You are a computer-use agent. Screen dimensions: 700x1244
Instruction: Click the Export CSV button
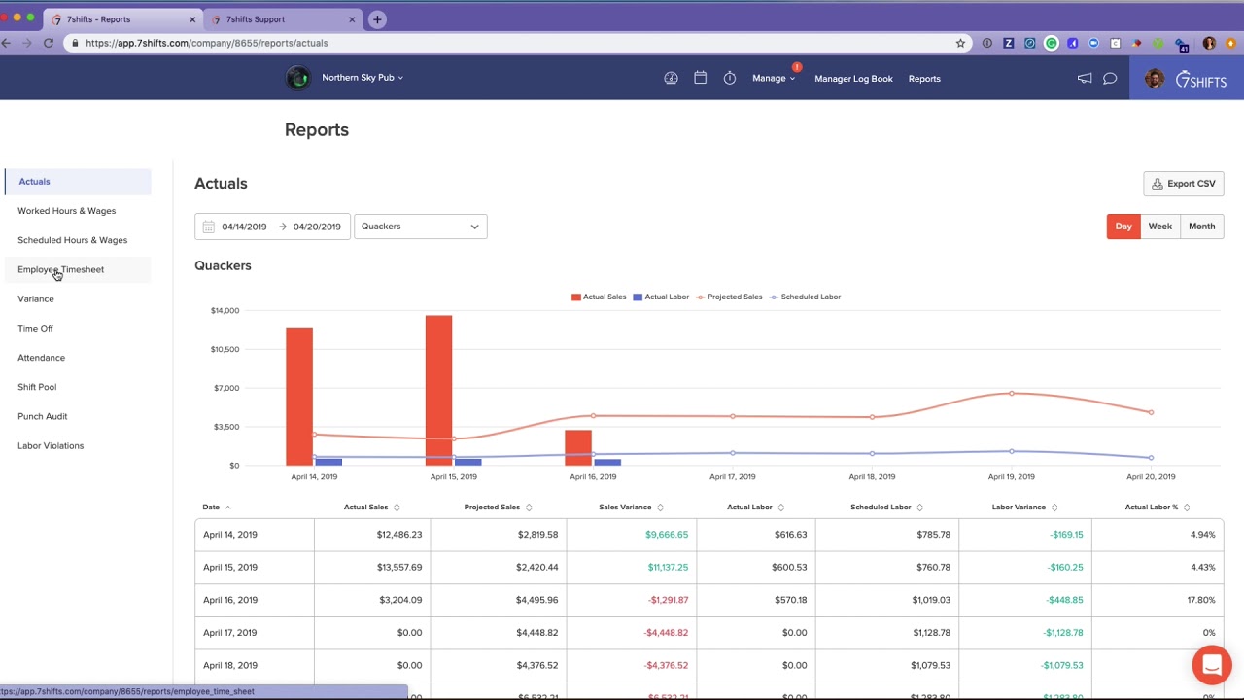[1183, 184]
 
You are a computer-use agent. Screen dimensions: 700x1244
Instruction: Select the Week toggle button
[1159, 227]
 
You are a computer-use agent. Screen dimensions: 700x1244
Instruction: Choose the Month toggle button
[1201, 227]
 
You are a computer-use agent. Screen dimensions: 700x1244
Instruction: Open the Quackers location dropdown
[420, 227]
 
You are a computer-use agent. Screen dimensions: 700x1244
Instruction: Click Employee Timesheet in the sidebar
[60, 269]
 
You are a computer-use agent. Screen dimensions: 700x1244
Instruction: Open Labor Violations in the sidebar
[51, 446]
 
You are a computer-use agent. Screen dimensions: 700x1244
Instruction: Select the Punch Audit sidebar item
[43, 416]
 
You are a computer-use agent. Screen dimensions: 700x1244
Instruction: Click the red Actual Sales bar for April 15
[438, 389]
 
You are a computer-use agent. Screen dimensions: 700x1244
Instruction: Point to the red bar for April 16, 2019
[578, 447]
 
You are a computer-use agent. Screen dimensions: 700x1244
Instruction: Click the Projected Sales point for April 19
[1012, 394]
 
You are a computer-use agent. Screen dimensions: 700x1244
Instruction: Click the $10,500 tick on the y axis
[225, 349]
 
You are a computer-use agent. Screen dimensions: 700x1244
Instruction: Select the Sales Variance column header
[625, 507]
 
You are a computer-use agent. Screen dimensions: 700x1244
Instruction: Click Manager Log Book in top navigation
[853, 79]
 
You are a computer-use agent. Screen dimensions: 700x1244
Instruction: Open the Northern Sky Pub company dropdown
[362, 78]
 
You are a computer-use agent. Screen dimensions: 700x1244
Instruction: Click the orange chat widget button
[1211, 665]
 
